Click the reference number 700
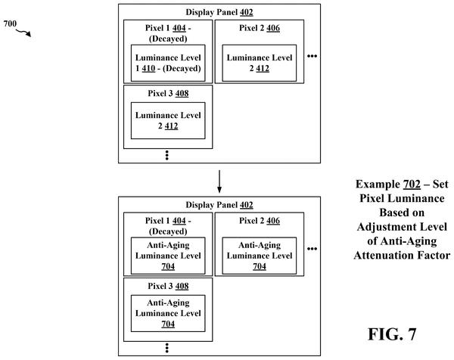point(10,23)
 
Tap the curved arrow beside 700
point(23,32)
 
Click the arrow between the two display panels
point(219,182)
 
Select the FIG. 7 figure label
point(392,334)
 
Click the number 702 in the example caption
point(412,184)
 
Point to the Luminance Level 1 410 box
point(168,63)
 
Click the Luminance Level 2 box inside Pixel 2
point(260,63)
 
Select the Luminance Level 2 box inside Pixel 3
point(168,121)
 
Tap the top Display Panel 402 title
point(219,12)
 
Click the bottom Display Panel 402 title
point(219,205)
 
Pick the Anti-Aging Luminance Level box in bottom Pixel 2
point(260,256)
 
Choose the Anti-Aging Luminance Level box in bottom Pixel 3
point(168,313)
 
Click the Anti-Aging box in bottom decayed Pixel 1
point(168,256)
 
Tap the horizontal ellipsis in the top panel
point(312,56)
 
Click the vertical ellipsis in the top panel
point(166,155)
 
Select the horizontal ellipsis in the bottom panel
point(312,249)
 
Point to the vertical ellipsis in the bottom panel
point(166,348)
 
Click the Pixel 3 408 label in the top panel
point(168,93)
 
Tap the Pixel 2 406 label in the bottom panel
point(260,221)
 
